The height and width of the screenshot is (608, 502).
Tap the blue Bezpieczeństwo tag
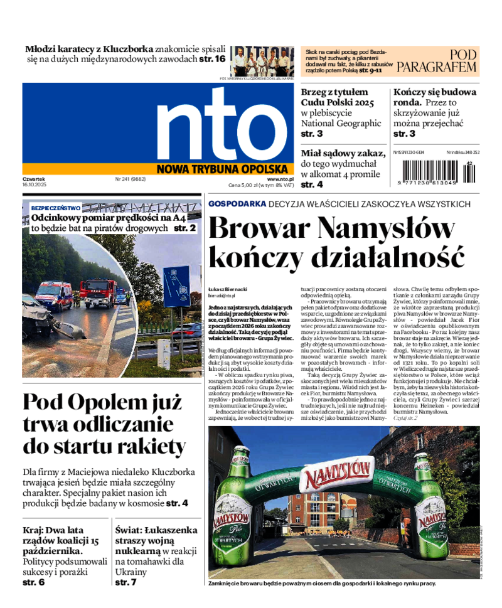[56, 208]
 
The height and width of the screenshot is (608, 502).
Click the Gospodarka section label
[237, 204]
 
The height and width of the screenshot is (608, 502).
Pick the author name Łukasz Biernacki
[228, 289]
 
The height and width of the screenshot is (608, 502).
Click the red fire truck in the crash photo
[99, 292]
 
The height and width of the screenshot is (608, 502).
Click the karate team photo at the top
[262, 61]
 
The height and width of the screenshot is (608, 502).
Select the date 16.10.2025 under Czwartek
[35, 186]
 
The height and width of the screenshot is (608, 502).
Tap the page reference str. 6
[34, 582]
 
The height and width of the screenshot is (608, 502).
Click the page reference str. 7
[125, 582]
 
